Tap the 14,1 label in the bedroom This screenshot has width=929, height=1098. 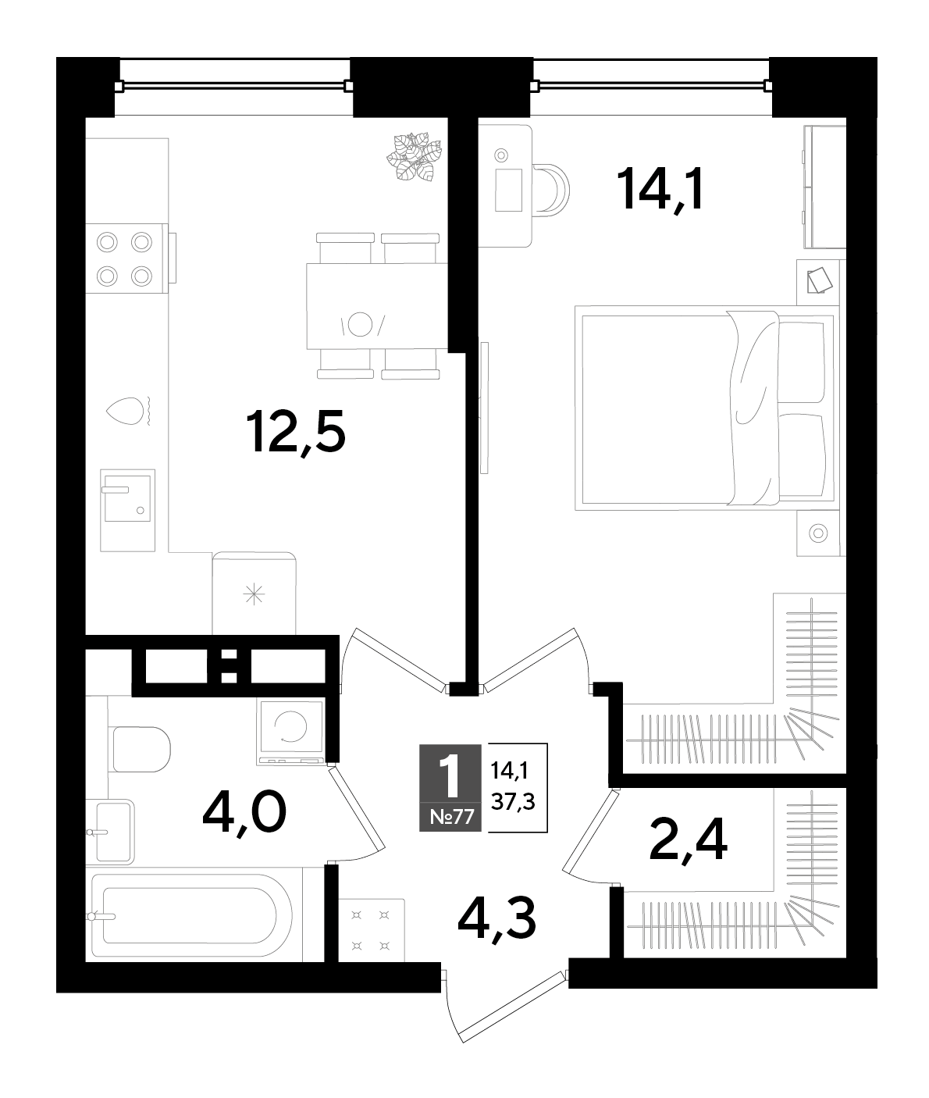[660, 190]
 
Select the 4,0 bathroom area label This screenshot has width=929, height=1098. [244, 813]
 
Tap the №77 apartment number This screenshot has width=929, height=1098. [451, 816]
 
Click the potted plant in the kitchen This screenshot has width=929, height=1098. [415, 156]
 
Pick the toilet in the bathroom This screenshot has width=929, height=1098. [141, 749]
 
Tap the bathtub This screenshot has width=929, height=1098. [191, 916]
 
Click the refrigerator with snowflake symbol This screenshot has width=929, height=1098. [254, 593]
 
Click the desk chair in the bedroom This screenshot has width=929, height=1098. [551, 191]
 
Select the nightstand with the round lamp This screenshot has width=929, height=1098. [818, 533]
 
